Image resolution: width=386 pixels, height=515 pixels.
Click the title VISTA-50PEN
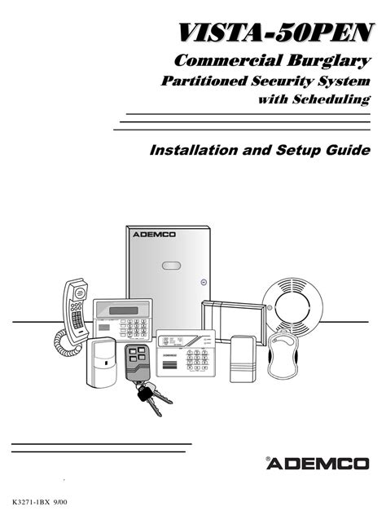[276, 33]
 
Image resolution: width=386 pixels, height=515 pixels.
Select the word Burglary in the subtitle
[329, 61]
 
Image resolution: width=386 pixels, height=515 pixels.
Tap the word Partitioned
[204, 81]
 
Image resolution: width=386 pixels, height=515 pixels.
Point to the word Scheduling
[331, 99]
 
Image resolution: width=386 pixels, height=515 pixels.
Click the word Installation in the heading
[194, 150]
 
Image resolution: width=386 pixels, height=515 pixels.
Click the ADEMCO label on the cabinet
[154, 235]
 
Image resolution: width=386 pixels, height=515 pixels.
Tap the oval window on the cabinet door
[171, 266]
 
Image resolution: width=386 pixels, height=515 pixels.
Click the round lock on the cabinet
[204, 282]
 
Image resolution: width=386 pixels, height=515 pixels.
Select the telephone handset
[76, 310]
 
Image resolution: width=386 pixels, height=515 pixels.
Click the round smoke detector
[293, 304]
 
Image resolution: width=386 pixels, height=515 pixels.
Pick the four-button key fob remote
[136, 362]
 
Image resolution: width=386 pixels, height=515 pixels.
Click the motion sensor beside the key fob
[102, 362]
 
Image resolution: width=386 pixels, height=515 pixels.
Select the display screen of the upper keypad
[124, 310]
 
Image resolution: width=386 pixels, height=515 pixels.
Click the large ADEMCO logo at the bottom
[318, 464]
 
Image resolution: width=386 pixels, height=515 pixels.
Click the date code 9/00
[60, 502]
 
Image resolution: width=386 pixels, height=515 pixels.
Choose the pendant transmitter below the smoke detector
[283, 354]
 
